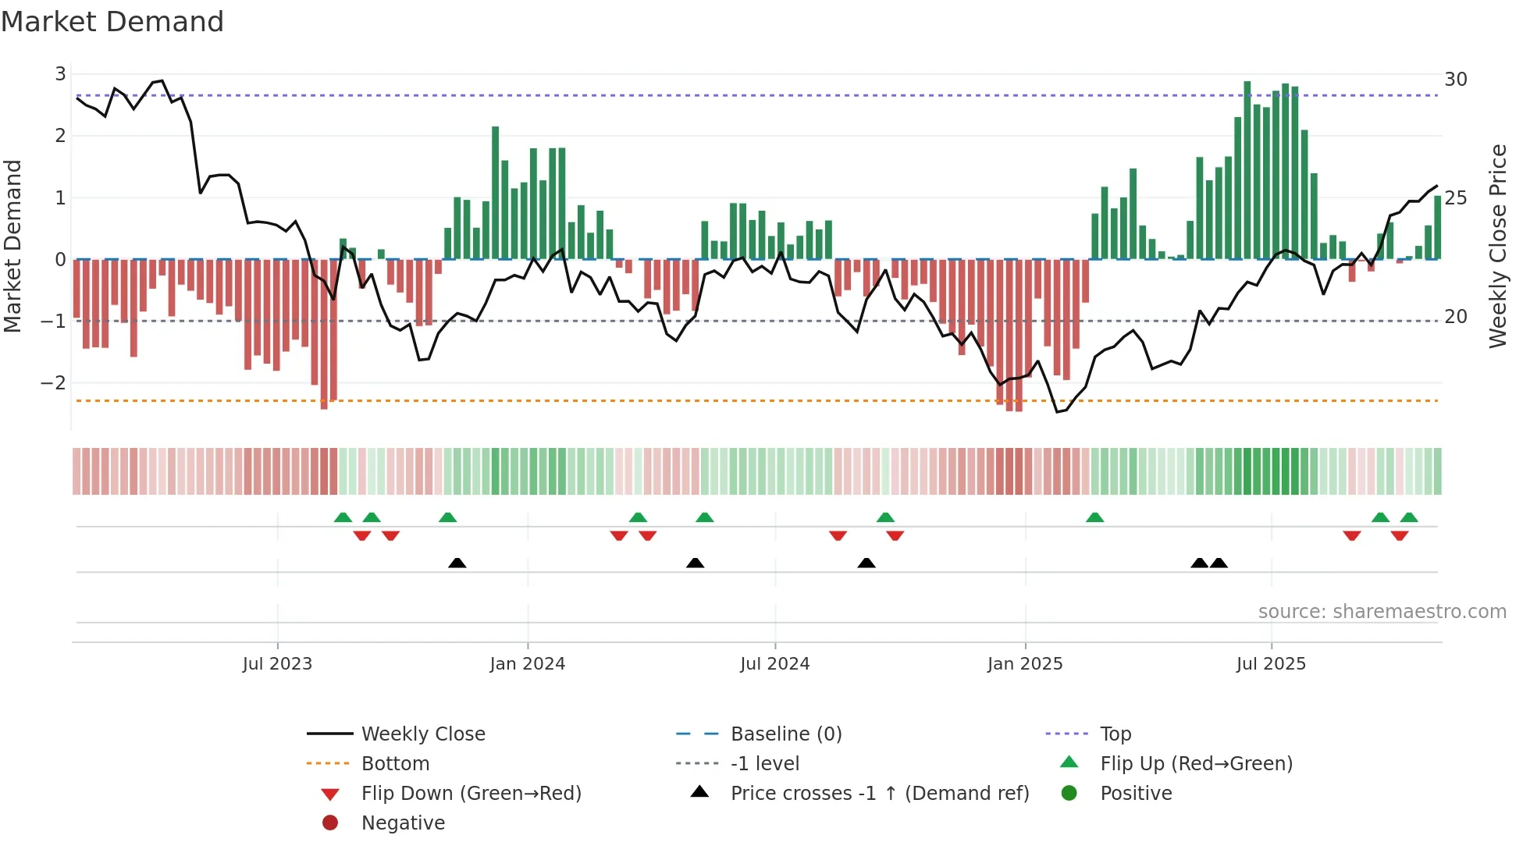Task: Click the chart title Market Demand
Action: (x=112, y=22)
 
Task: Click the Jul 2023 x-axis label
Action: (x=277, y=664)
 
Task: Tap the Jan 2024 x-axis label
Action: (x=527, y=664)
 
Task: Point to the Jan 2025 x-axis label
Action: (x=1024, y=664)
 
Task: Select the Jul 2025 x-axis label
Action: (x=1271, y=664)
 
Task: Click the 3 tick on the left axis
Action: (x=60, y=74)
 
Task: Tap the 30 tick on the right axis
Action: (x=1456, y=80)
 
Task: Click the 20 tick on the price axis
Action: (x=1456, y=317)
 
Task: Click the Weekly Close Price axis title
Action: (x=1497, y=246)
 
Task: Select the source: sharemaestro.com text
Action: (x=1382, y=612)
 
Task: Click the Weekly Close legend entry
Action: (x=422, y=734)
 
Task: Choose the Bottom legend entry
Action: (x=395, y=764)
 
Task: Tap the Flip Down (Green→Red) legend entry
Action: (x=471, y=794)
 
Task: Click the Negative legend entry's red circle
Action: (x=330, y=823)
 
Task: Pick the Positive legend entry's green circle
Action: (x=1069, y=794)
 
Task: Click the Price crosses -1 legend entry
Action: (x=879, y=794)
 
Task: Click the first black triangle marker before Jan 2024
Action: (x=457, y=563)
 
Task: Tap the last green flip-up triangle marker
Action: (x=1409, y=517)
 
